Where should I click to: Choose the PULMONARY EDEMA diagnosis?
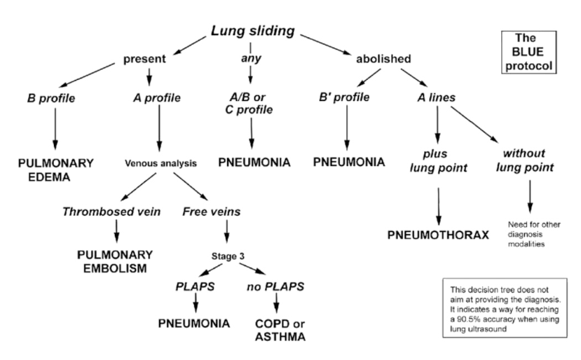54,169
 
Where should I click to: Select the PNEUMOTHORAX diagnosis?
438,233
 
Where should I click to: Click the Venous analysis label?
160,163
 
